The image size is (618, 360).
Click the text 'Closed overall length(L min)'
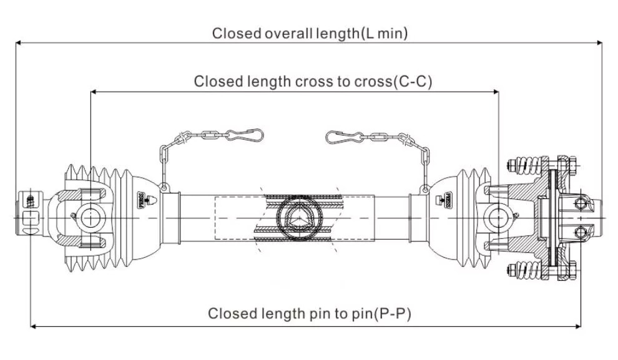click(310, 33)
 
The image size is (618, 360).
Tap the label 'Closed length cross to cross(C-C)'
click(313, 82)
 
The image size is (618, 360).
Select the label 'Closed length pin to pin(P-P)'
click(309, 313)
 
